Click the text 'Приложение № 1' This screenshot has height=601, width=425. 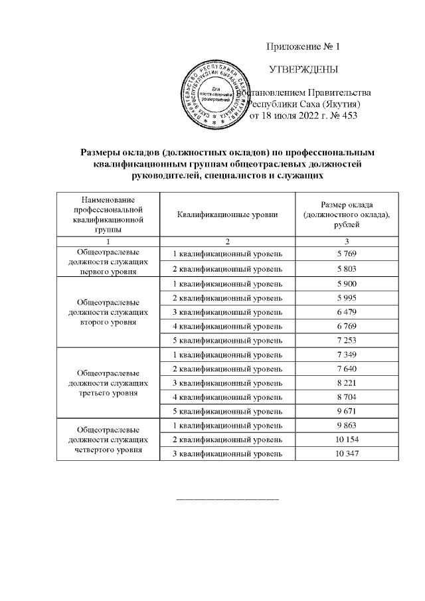(x=302, y=46)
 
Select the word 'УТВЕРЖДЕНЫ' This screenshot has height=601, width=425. (x=302, y=69)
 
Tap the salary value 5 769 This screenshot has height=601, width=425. (x=347, y=254)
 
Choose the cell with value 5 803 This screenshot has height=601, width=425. (x=347, y=268)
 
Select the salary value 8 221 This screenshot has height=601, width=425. (x=347, y=383)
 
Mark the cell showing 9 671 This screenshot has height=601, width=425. (x=347, y=412)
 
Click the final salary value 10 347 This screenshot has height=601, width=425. (x=347, y=454)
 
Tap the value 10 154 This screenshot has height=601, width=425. (x=347, y=440)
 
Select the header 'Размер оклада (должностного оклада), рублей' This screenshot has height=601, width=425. (x=347, y=214)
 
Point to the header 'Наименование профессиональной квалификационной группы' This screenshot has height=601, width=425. (x=108, y=214)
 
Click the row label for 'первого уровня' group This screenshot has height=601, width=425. (x=108, y=261)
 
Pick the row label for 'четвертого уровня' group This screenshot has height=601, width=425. (x=108, y=440)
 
